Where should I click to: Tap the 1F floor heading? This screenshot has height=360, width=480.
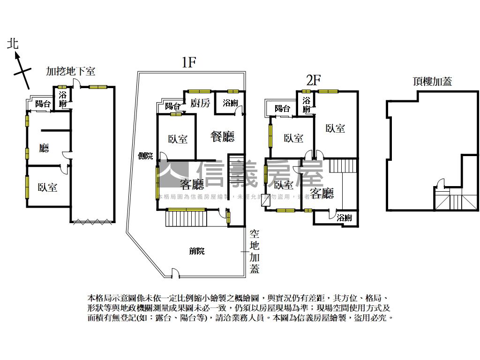(188, 63)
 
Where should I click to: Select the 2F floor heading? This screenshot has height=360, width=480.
(313, 80)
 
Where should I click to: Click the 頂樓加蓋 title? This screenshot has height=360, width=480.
(432, 81)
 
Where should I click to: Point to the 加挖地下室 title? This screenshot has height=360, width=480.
(71, 71)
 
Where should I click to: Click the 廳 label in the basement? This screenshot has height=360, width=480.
(44, 149)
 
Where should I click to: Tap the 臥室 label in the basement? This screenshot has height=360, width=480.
(47, 187)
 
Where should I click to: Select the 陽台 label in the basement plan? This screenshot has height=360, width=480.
(43, 104)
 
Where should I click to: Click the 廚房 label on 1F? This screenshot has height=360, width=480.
(200, 104)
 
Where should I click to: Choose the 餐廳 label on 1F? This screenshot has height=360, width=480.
(222, 136)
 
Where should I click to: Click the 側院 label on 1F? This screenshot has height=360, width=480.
(146, 156)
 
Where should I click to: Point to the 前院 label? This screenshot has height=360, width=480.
(197, 251)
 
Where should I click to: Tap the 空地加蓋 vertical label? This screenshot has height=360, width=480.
(255, 251)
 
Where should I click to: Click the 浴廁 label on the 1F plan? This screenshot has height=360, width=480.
(230, 103)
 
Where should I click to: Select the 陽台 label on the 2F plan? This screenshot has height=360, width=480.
(282, 109)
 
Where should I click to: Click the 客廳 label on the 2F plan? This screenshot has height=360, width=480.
(322, 193)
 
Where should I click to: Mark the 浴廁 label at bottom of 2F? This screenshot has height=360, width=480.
(344, 217)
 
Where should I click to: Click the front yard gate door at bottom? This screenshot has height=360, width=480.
(175, 272)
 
